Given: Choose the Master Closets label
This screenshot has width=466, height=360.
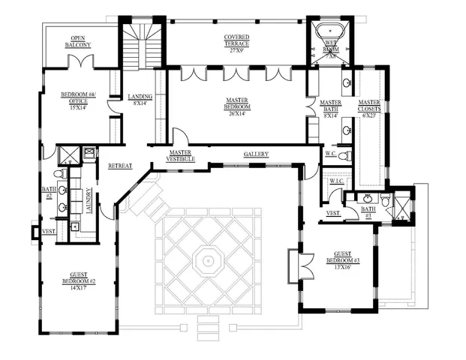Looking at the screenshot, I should point(368,106).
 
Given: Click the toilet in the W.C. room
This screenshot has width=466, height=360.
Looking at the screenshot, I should point(344,156).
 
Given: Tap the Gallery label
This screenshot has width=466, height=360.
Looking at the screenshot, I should point(256,154).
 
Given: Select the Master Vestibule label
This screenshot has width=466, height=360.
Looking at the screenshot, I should point(181,155).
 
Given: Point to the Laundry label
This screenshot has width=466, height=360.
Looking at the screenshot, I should point(88,200).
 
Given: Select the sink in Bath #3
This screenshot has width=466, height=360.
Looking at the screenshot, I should point(368,198).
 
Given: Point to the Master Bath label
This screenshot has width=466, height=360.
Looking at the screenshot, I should point(331,106).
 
